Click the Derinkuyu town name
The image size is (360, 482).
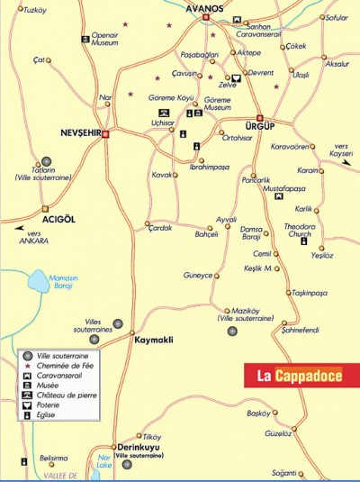click(139, 447)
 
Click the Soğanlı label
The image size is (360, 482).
click(310, 473)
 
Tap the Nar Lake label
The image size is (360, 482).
click(103, 462)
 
